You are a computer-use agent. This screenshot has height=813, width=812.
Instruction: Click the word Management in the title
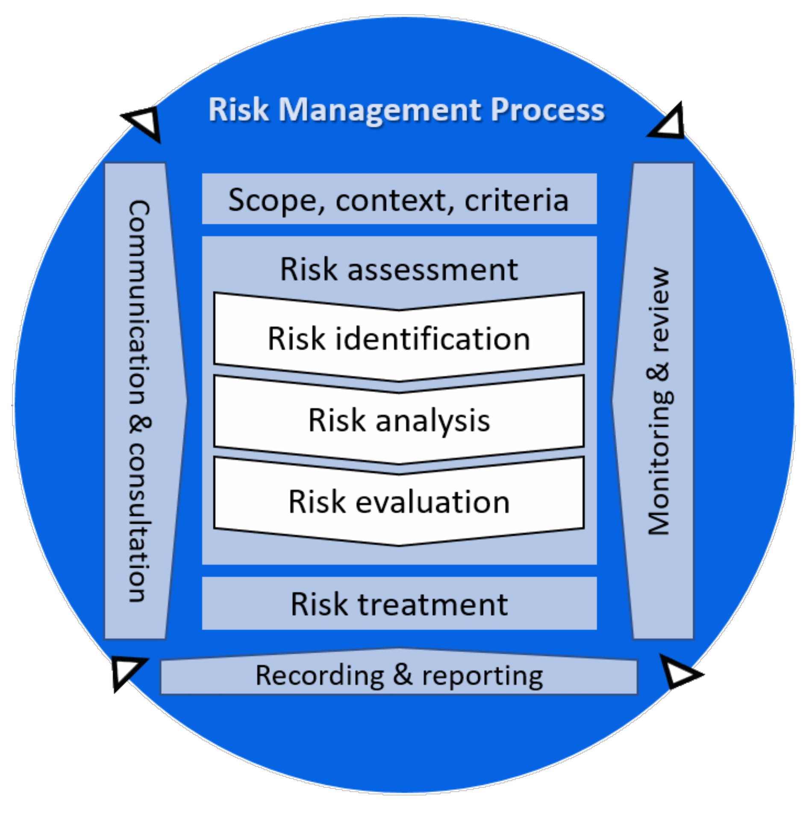point(380,110)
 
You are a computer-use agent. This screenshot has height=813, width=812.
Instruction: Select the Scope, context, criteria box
point(399,199)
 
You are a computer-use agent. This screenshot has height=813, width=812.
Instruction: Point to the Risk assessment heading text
point(399,269)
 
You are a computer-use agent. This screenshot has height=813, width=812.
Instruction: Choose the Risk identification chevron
point(399,338)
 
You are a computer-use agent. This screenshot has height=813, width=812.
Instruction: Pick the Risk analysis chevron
point(399,420)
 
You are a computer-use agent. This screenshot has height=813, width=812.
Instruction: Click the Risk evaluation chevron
point(399,502)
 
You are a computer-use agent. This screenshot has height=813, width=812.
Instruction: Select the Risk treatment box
point(399,604)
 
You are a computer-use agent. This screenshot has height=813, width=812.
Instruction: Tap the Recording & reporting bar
point(399,676)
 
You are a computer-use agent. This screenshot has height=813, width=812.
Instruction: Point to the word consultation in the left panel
point(139,523)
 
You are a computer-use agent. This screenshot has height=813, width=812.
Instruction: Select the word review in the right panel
point(659,310)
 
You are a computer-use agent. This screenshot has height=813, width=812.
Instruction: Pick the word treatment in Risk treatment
point(432,605)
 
